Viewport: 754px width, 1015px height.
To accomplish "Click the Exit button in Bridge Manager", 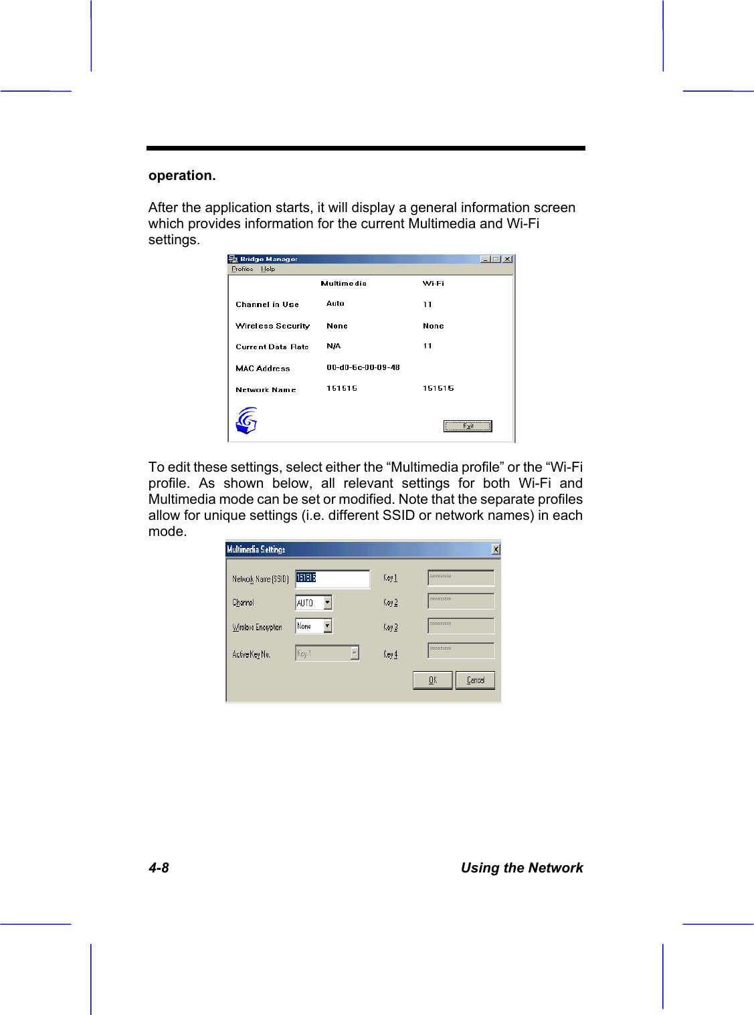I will pos(468,426).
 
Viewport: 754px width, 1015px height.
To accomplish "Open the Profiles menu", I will pos(242,269).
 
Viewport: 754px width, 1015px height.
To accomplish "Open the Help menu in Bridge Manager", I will pos(268,269).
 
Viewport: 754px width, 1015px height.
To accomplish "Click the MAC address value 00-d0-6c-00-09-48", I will pos(363,367).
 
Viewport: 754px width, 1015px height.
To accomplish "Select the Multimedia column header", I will pos(343,284).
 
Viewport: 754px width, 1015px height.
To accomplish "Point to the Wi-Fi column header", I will pos(433,284).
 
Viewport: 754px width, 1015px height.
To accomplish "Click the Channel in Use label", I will pos(267,304).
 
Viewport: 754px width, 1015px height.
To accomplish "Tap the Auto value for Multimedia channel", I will pos(335,304).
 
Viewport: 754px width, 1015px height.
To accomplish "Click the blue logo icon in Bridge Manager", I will pos(247,421).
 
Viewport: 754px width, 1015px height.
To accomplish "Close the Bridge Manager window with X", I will pos(507,259).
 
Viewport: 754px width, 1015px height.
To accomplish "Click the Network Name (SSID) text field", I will pos(333,579).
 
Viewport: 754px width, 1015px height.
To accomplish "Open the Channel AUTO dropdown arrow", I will pos(327,603).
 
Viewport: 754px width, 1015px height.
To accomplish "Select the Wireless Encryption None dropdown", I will pos(314,626).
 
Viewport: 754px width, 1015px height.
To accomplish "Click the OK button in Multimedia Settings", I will pos(432,680).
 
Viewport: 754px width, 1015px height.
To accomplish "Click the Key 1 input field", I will pos(461,578).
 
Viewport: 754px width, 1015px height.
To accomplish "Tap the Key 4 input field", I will pos(461,650).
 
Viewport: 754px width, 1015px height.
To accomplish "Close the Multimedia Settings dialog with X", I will pos(496,549).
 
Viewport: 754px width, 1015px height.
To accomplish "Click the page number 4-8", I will pos(159,868).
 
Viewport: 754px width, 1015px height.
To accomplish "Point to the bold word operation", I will pos(182,175).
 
